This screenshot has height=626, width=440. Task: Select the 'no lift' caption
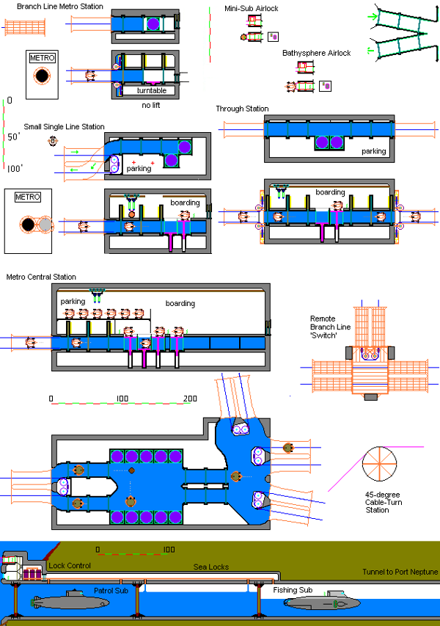pos(153,106)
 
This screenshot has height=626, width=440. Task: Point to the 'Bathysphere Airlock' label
pos(317,54)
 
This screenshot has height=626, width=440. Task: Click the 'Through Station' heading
pos(242,109)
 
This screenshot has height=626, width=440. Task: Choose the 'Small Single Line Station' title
pos(64,127)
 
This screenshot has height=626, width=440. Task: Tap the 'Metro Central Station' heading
pos(41,277)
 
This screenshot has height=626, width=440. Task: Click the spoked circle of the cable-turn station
pos(379,462)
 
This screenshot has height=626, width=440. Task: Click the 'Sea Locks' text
pos(208,567)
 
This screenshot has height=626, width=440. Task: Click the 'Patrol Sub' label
pos(111,590)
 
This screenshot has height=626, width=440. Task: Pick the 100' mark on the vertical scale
pos(14,168)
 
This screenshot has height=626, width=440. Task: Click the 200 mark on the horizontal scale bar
pos(191,398)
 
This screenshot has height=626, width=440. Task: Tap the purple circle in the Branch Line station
pos(153,24)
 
